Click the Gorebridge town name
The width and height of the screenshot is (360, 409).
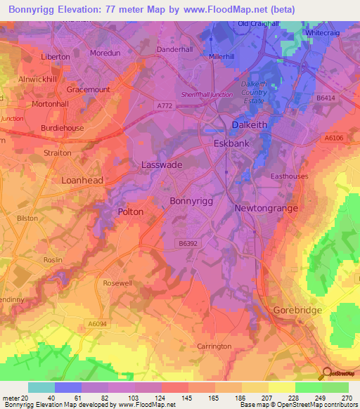tap(295, 310)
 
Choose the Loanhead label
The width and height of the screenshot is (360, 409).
tap(82, 180)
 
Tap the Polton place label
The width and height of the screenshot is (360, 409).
tap(131, 212)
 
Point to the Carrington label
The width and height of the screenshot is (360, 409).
tap(214, 346)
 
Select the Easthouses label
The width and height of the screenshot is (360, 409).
tap(290, 176)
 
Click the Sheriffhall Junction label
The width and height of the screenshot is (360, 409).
tap(207, 94)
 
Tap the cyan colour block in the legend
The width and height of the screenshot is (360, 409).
tap(41, 387)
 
